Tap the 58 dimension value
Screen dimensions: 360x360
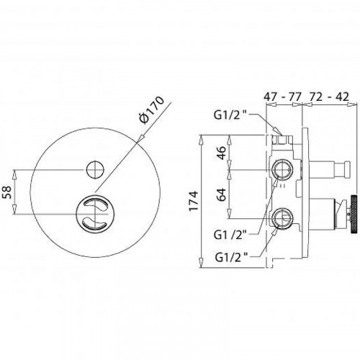click(x=7, y=192)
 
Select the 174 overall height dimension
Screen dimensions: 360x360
click(x=194, y=201)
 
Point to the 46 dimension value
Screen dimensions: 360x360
click(x=221, y=153)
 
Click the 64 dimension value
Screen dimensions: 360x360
click(x=221, y=194)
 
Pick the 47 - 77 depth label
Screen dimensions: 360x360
click(x=282, y=97)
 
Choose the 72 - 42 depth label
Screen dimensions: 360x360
click(x=330, y=96)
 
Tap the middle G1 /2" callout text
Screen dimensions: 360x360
click(x=230, y=235)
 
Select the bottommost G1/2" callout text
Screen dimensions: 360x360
click(x=232, y=258)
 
